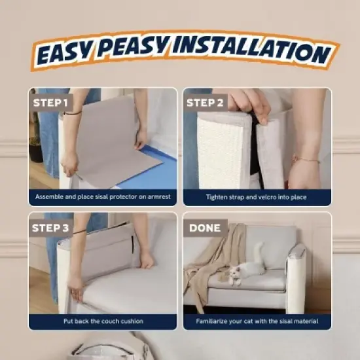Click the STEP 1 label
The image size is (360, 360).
(x=50, y=103)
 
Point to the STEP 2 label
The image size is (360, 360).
(x=205, y=103)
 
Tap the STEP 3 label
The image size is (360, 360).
(x=50, y=228)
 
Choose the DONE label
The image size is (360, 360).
(x=205, y=228)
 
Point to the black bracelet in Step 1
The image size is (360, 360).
(x=73, y=113)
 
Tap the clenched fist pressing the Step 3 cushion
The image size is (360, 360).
(x=146, y=261)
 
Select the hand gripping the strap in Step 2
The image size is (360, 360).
(x=254, y=105)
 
